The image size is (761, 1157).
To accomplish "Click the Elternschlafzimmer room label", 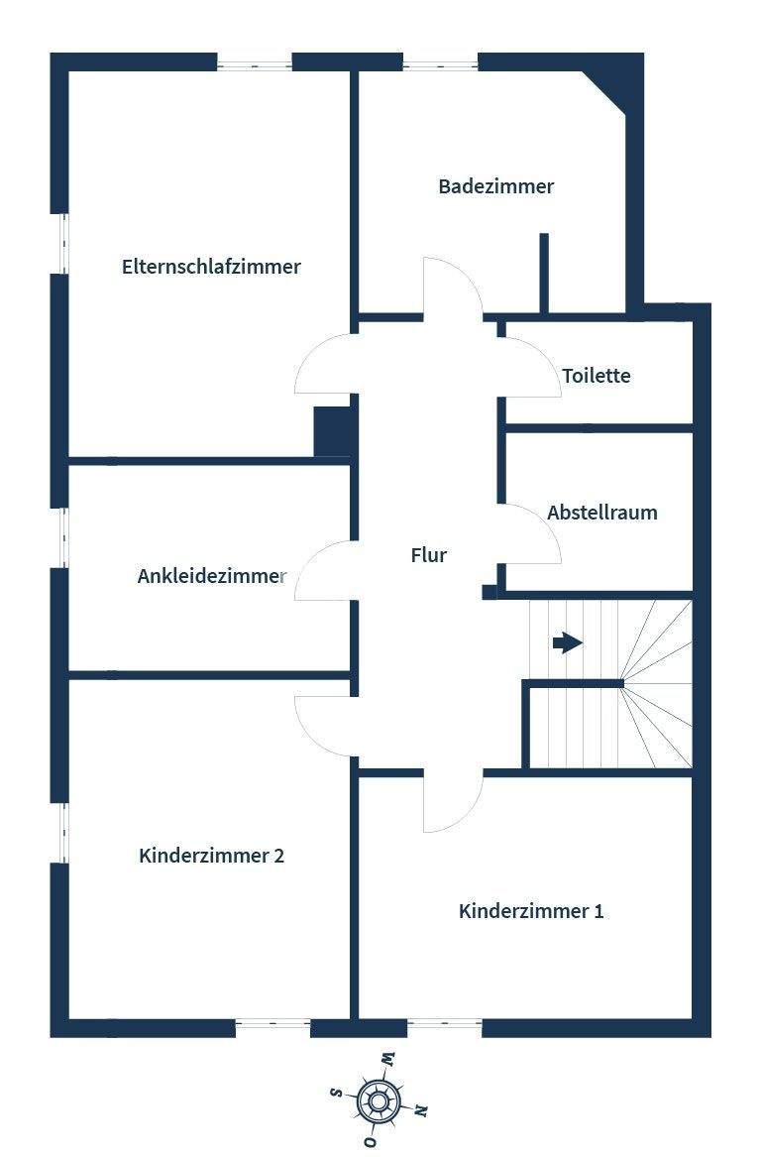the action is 211,267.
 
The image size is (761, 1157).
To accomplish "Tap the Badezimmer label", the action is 495,186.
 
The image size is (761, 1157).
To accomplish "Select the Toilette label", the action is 596,376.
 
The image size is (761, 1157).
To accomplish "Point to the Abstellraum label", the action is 601,513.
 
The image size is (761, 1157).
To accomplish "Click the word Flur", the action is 428,555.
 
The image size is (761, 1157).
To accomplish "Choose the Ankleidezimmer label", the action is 212,576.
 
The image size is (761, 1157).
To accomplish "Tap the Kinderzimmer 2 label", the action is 212,856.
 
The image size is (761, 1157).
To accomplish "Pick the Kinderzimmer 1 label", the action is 531,911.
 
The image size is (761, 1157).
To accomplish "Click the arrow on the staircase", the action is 567,643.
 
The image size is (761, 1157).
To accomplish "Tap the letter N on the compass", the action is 422,1109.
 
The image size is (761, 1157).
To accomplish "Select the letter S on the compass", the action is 336,1092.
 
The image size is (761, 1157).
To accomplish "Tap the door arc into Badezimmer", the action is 453,286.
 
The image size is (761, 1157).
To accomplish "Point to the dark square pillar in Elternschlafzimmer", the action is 333,431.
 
